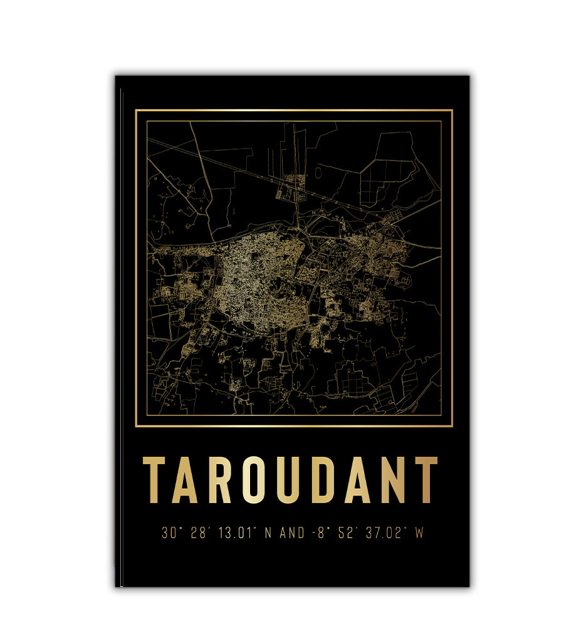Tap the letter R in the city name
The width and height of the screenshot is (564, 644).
click(220, 480)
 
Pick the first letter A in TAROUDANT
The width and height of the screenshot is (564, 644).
click(186, 480)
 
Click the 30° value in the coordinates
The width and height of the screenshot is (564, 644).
click(168, 534)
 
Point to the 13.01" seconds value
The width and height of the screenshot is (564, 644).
click(236, 534)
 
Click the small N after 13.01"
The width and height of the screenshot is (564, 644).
click(268, 534)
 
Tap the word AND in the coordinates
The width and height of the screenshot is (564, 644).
click(292, 534)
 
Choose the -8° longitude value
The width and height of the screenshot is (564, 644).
click(319, 534)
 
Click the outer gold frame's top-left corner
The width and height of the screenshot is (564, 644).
click(136, 110)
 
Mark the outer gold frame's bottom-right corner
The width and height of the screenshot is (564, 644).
click(452, 426)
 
